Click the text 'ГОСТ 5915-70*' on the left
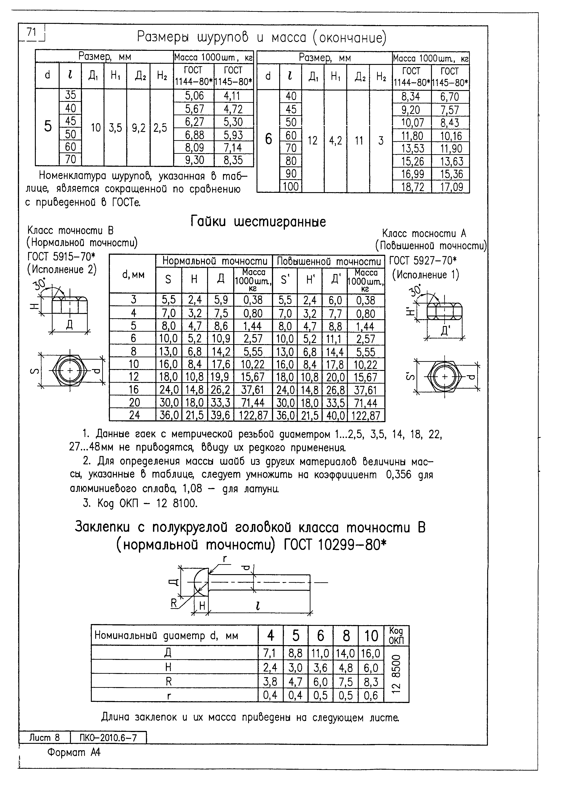click(61, 257)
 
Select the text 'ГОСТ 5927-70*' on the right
click(423, 260)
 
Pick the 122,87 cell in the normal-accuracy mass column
click(253, 416)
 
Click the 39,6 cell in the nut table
click(220, 416)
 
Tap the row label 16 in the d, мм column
click(134, 390)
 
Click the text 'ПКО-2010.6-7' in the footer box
click(108, 738)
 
